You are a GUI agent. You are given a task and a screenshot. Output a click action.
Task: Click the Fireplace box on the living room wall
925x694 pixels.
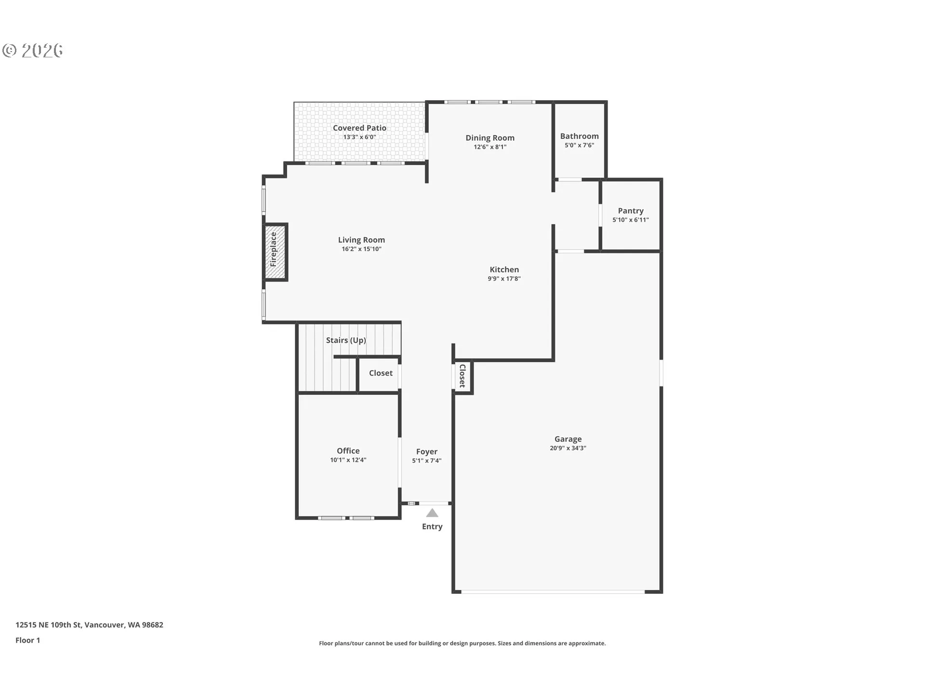(x=275, y=252)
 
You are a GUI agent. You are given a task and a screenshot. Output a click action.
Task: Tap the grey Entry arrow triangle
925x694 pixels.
(x=432, y=513)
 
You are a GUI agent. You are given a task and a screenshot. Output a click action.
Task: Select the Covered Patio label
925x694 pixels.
(x=359, y=128)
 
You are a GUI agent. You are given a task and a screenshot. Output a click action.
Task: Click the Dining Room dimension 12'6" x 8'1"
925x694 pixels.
(x=490, y=147)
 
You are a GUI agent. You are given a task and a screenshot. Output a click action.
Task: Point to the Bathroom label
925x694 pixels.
(x=580, y=136)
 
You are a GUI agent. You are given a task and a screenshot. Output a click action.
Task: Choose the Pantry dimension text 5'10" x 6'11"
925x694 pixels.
(x=631, y=220)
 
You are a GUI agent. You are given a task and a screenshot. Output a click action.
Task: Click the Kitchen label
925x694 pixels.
(x=504, y=269)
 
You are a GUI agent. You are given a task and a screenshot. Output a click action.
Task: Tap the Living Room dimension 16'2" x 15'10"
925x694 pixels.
(x=361, y=249)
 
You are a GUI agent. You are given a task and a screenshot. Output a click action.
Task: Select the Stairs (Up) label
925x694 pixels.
(x=346, y=340)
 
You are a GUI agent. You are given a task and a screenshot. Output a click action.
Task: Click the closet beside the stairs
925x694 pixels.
(x=379, y=374)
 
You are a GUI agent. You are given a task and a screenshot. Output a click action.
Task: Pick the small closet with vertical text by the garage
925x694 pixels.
(x=462, y=376)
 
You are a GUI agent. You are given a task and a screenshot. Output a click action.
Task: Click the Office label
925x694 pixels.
(x=348, y=451)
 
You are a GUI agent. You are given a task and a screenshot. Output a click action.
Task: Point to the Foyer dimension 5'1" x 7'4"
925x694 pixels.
(x=427, y=461)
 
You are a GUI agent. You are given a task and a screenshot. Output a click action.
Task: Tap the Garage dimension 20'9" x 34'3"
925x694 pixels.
(x=568, y=448)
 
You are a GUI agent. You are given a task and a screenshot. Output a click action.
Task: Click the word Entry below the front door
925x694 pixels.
(x=432, y=527)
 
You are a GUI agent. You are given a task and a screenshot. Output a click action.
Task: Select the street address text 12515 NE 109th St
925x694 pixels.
(x=49, y=625)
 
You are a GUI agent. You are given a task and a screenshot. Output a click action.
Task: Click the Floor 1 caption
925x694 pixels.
(x=28, y=641)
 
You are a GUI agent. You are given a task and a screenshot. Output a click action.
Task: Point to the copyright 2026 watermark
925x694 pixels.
(x=33, y=51)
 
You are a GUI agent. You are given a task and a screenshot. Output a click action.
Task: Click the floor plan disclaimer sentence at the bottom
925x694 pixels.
(x=462, y=643)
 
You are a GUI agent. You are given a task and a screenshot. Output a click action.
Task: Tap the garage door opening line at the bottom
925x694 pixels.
(x=553, y=591)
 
